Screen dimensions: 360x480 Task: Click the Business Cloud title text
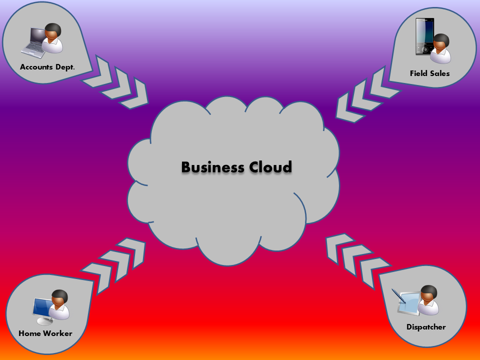click(x=236, y=167)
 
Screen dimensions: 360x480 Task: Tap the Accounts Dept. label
click(x=47, y=66)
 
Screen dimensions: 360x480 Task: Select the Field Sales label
click(x=429, y=73)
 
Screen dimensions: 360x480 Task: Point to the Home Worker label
click(x=45, y=333)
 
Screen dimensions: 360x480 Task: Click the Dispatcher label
click(x=426, y=327)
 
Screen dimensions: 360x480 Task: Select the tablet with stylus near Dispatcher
click(x=408, y=301)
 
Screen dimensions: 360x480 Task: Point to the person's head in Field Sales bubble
click(x=441, y=41)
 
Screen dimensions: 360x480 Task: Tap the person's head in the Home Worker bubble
click(x=59, y=298)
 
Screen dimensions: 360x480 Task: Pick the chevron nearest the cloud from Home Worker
click(x=131, y=253)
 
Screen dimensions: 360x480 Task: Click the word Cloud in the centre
click(x=269, y=167)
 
